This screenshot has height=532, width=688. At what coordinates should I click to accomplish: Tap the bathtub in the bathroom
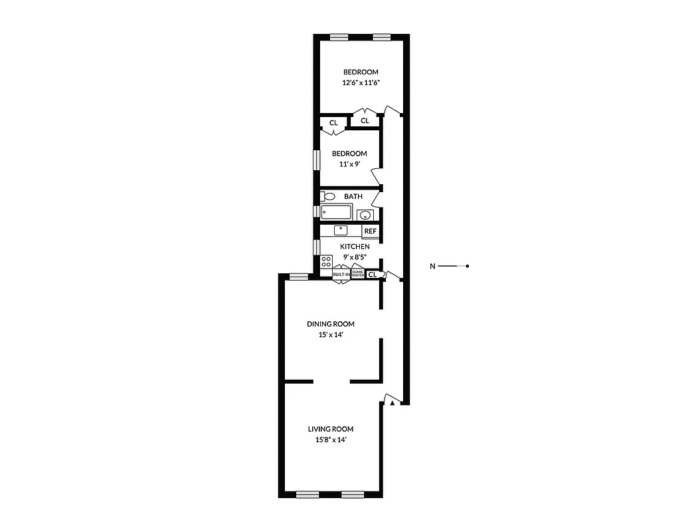click(x=336, y=213)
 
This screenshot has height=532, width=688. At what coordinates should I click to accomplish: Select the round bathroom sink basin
click(x=364, y=215)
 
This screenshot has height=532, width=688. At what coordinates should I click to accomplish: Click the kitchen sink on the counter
click(x=341, y=230)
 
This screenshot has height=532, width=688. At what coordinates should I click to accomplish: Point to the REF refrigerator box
click(x=371, y=231)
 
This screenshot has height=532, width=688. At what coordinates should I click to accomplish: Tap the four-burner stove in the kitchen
click(x=326, y=261)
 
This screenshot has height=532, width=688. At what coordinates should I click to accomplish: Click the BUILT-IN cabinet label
click(x=341, y=274)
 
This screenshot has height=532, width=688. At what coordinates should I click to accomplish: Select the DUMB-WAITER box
click(x=358, y=273)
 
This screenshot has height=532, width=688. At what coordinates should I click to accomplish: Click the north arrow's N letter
click(x=432, y=267)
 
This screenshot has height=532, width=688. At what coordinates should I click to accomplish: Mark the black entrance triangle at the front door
click(x=393, y=402)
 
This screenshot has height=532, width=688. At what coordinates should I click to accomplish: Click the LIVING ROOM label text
click(x=330, y=429)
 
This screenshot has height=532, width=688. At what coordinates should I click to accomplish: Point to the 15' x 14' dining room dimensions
click(x=330, y=335)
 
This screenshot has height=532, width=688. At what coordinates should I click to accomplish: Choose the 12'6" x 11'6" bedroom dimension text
click(x=361, y=83)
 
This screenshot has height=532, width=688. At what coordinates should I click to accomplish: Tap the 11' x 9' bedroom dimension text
click(x=349, y=164)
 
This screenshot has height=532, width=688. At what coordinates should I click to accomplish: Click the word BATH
click(x=353, y=196)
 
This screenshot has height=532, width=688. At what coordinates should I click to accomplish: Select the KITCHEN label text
click(x=355, y=247)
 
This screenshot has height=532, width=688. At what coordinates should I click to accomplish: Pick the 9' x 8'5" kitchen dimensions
click(x=355, y=257)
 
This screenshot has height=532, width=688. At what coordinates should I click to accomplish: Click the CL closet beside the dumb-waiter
click(x=373, y=274)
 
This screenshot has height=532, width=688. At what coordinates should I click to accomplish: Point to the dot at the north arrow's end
click(x=468, y=267)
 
